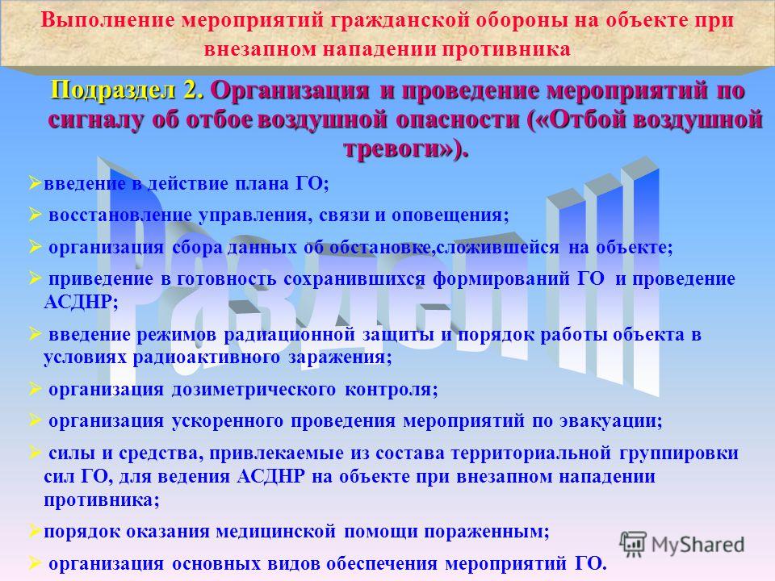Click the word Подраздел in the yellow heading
click(113, 91)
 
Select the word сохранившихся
click(354, 279)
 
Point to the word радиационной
click(290, 335)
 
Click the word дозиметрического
click(253, 390)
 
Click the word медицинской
click(276, 532)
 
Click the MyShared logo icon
click(633, 545)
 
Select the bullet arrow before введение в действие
click(35, 183)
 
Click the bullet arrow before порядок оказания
click(35, 531)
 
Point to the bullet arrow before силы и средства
click(35, 452)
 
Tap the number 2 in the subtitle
click(192, 91)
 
